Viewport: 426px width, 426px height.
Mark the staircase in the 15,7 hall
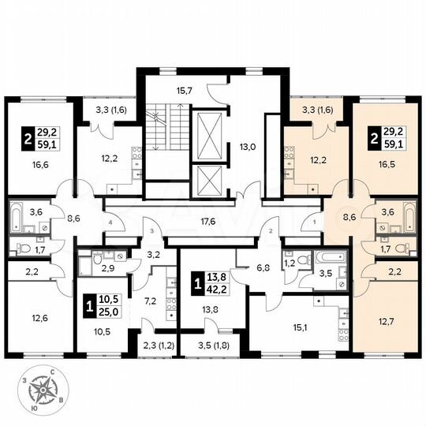click(x=166, y=128)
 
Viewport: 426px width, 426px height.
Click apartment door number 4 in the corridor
click(x=111, y=223)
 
